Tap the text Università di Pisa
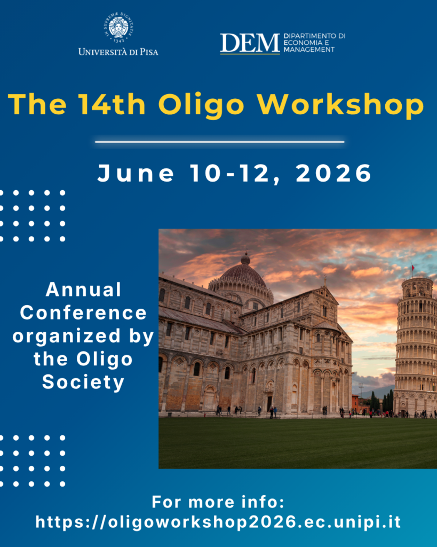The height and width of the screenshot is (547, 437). click(118, 52)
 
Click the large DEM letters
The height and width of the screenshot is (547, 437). click(250, 43)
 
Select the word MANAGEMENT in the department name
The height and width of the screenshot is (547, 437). click(309, 50)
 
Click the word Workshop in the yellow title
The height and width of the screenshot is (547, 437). click(340, 104)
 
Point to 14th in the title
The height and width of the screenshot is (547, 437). click(112, 104)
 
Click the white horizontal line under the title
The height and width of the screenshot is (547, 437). click(219, 142)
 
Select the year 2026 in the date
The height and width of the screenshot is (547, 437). click(334, 173)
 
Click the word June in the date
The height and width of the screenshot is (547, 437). click(136, 173)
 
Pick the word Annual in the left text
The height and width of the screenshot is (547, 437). click(84, 290)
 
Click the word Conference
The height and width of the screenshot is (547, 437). click(83, 312)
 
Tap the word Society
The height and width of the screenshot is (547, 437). click(83, 382)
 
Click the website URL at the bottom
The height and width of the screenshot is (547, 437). click(219, 522)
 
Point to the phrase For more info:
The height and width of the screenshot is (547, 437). click(218, 502)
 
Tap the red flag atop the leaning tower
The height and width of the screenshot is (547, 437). click(413, 267)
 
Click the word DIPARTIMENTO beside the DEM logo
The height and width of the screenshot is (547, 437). click(314, 36)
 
